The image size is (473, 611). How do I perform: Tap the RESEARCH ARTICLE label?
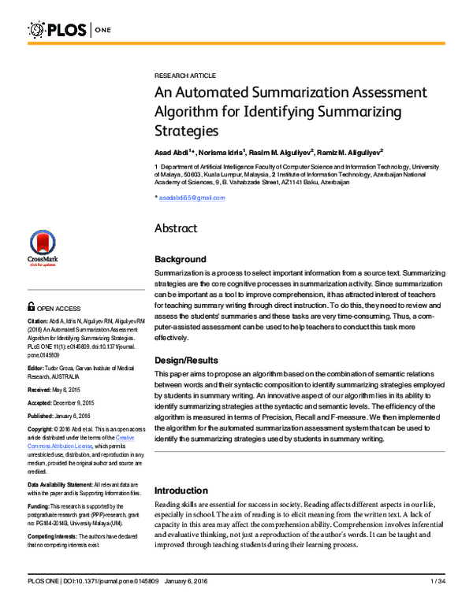tap(185, 75)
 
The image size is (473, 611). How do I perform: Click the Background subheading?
tap(181, 259)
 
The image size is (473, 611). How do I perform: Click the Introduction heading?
tap(181, 490)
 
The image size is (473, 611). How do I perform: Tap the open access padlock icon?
tap(31, 308)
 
